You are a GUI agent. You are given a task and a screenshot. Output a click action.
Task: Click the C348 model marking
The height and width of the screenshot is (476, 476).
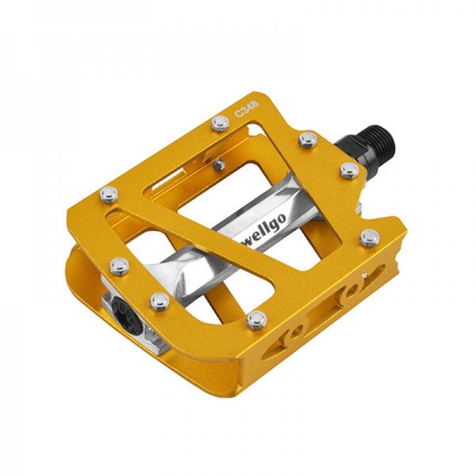pos(247,109)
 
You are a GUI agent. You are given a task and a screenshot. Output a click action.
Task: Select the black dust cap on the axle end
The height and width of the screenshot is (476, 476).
pos(127,313)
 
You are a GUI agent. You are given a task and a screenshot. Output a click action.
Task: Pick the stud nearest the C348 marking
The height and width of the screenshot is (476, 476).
pos(221,124)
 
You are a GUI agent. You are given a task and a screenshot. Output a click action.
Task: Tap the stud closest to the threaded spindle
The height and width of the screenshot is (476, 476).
pos(349,171)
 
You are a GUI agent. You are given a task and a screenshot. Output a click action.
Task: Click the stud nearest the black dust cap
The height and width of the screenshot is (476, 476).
pos(159,301)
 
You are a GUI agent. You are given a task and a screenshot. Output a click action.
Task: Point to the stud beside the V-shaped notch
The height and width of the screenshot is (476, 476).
pos(370,237)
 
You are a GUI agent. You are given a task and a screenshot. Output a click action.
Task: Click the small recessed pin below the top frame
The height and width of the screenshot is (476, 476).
pos(219,164)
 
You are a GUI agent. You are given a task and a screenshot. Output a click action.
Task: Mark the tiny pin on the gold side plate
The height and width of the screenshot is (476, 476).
pos(365,274)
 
